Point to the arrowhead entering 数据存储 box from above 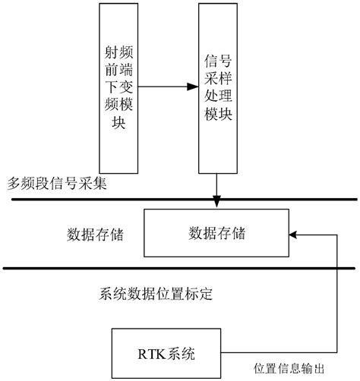click(x=216, y=203)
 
